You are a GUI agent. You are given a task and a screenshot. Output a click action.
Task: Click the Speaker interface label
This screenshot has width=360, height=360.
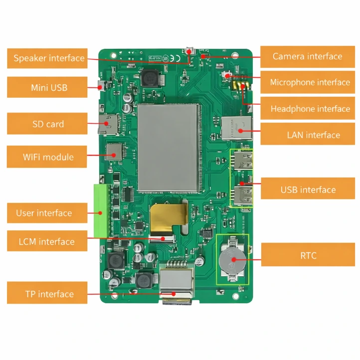pos(49,58)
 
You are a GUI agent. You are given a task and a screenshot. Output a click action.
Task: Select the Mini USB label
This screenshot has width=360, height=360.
pos(49,88)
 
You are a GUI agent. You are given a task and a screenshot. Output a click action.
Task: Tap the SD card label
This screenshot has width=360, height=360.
pos(48,124)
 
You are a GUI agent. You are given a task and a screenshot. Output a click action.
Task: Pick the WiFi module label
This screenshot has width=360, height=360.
pos(48,157)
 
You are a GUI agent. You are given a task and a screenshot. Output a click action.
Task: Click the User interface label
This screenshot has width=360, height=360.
pos(44,213)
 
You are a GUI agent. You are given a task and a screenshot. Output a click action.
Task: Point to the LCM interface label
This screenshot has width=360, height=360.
pos(46,242)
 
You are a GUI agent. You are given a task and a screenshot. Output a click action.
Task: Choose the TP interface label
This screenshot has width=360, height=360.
pos(48,294)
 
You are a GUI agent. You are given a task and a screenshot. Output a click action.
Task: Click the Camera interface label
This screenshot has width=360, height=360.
pos(307,56)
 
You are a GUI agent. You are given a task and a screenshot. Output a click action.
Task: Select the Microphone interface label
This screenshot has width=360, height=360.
pos(310,82)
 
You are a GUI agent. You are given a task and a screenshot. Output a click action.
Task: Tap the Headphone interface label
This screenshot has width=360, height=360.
pos(310,109)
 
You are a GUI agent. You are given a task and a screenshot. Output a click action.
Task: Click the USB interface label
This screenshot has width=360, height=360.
pos(308,189)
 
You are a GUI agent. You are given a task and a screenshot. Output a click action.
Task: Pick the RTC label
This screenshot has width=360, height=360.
pos(308,256)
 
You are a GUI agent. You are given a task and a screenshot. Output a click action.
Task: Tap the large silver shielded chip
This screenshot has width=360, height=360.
pos(168,148)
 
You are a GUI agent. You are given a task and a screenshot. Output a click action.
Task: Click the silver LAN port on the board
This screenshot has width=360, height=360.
pos(234,127)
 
